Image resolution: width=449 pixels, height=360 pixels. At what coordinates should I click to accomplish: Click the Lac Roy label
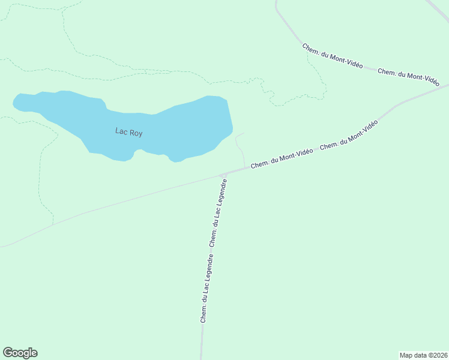[x=128, y=133]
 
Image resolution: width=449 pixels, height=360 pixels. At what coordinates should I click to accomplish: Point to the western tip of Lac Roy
[x=15, y=103]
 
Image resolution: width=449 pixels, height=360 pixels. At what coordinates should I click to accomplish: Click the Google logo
[x=20, y=353]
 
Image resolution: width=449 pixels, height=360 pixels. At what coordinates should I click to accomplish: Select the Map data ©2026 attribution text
[x=423, y=355]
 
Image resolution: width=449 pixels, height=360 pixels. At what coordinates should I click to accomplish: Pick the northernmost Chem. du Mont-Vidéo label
[x=332, y=56]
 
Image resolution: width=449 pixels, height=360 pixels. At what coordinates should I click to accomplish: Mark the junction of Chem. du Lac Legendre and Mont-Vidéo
[x=224, y=175]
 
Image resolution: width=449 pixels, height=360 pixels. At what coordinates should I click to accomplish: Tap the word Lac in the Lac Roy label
[x=121, y=131]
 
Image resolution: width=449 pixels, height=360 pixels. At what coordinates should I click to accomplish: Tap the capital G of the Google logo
[x=8, y=353]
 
